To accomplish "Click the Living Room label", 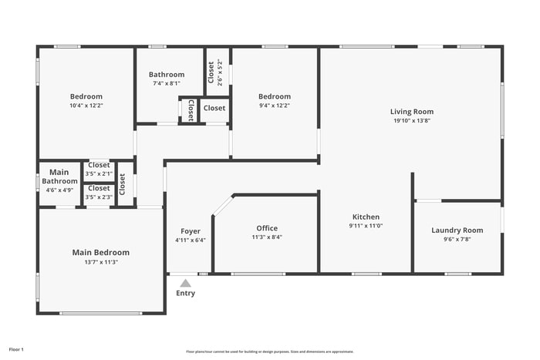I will (x=411, y=112).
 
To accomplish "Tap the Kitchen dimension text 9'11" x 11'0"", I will (x=366, y=226).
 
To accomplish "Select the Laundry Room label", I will (x=457, y=230).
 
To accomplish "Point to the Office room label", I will (x=267, y=228).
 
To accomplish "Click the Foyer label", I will (x=190, y=231).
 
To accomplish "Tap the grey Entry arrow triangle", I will (x=185, y=283).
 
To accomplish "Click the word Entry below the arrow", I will (x=185, y=293).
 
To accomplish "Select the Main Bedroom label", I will (x=100, y=252).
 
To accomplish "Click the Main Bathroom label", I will (x=59, y=177).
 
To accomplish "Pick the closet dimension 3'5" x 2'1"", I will (x=99, y=173).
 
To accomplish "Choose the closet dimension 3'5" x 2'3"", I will (x=99, y=197).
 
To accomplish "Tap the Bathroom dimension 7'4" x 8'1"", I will (x=166, y=83).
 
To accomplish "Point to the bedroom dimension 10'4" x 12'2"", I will (x=86, y=106).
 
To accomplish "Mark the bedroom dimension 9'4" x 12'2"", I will (x=274, y=106).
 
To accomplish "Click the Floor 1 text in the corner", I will (x=16, y=350).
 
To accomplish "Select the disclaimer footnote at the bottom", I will (x=269, y=351).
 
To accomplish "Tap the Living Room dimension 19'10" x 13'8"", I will (x=411, y=120).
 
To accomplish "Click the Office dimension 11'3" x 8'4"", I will (x=267, y=237).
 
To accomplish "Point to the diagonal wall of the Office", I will (x=222, y=206).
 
